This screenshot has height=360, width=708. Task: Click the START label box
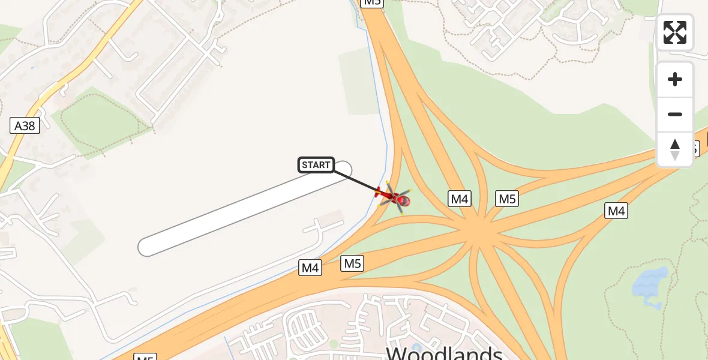(x=316, y=165)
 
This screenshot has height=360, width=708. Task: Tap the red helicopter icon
(x=394, y=197)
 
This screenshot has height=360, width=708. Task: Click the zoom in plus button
(x=675, y=79)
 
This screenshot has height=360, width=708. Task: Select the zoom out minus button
(x=675, y=114)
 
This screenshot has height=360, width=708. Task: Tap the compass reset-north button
(x=675, y=149)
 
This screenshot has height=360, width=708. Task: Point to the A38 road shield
(x=25, y=125)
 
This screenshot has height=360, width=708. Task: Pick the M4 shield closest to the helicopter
(x=460, y=199)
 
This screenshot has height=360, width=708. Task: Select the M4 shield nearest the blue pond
(x=616, y=211)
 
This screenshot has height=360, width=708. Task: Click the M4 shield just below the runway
(x=310, y=268)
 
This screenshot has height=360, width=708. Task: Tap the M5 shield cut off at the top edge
(x=372, y=2)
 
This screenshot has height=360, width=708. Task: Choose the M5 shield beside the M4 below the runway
(x=352, y=263)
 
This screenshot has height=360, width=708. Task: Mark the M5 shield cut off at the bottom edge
(x=146, y=358)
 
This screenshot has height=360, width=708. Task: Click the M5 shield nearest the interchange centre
(x=507, y=199)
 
